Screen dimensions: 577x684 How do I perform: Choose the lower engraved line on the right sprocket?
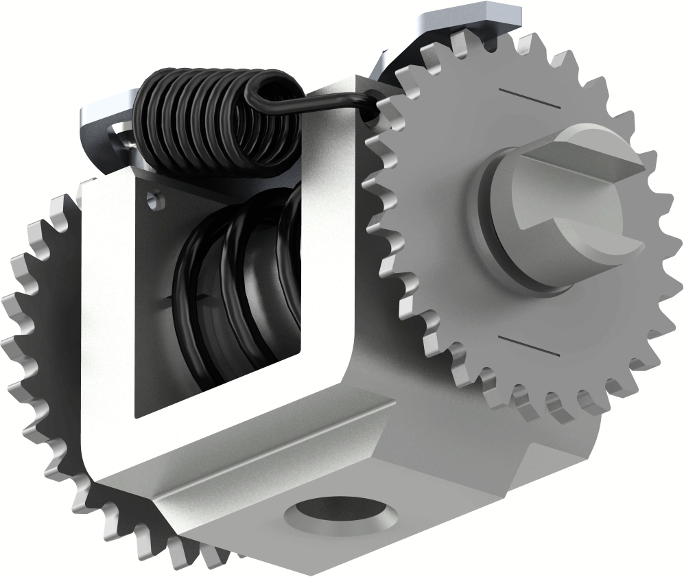528,346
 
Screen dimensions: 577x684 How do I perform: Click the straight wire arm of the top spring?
322,103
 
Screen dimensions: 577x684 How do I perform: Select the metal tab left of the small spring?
103,120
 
